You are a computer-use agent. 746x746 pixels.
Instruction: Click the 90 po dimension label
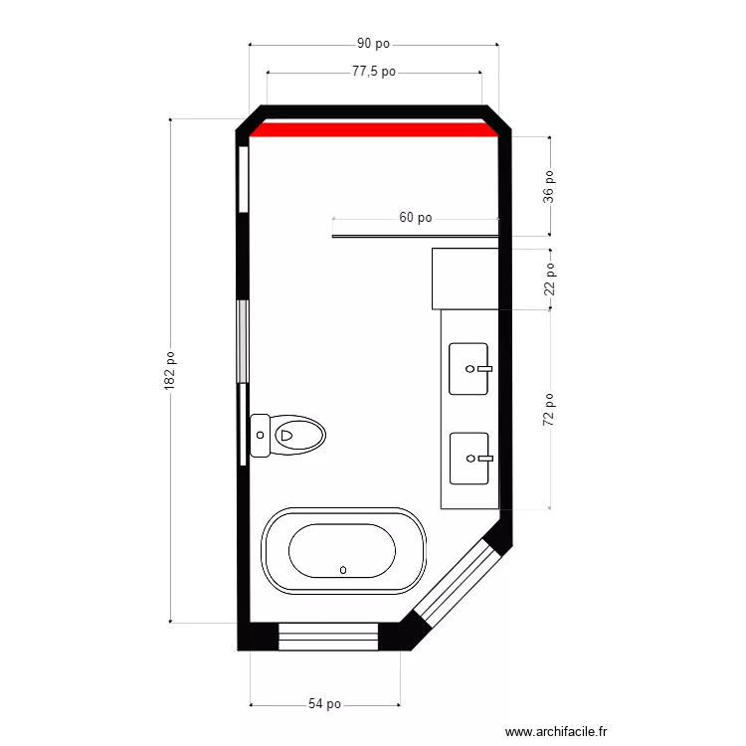click(x=373, y=44)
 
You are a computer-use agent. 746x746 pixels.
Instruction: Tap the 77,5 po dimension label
click(x=374, y=72)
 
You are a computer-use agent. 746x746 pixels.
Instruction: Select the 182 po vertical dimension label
click(x=170, y=371)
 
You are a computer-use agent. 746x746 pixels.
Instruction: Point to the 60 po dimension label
click(x=416, y=217)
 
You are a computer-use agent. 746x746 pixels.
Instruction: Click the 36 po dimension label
click(x=549, y=186)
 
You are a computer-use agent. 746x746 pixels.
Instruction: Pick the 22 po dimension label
click(x=549, y=279)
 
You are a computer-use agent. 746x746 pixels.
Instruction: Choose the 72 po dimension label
click(x=549, y=410)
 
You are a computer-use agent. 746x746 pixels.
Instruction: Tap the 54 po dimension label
click(x=324, y=704)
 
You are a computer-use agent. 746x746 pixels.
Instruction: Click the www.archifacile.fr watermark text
click(x=556, y=731)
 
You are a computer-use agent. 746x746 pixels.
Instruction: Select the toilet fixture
click(x=289, y=435)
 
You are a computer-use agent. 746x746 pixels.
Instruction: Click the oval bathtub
click(x=343, y=552)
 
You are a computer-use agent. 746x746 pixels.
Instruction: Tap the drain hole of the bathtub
click(x=343, y=570)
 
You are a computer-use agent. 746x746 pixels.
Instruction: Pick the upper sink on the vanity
click(x=469, y=368)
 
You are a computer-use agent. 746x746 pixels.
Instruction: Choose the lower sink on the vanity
click(x=469, y=458)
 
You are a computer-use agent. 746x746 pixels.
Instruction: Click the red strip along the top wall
click(x=373, y=128)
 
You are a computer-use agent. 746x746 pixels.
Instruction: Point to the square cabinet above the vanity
click(x=466, y=279)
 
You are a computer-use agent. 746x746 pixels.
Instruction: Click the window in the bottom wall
click(x=328, y=637)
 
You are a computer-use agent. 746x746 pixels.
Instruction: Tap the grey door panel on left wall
click(x=242, y=340)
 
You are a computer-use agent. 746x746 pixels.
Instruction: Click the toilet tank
click(x=261, y=435)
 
